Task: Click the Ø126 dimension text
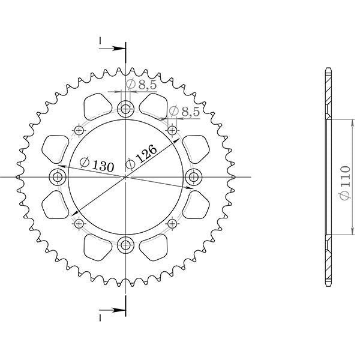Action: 142,157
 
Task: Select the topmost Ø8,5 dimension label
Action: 142,85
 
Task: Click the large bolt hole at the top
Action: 126,109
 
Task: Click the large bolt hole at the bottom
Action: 126,244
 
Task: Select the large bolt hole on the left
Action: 58,176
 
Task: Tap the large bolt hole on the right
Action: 194,176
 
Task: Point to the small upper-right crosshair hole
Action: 173,130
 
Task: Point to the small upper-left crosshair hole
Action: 79,130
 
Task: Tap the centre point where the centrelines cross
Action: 126,176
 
